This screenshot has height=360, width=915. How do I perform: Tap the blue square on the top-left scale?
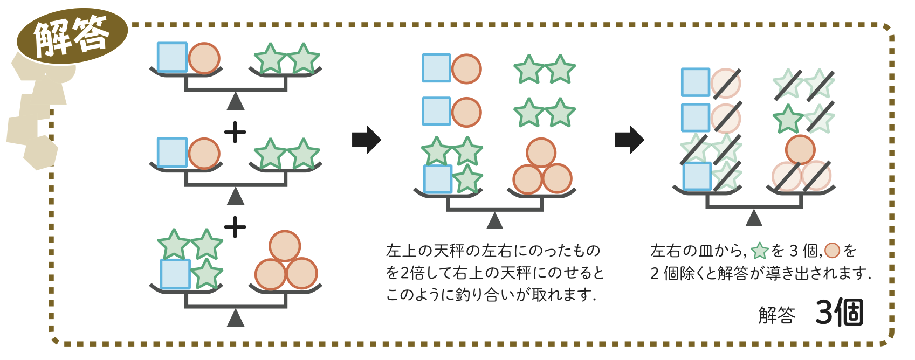(x=172, y=57)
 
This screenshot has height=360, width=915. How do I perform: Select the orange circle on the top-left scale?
(x=204, y=58)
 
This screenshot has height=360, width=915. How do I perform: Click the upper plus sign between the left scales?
(x=235, y=132)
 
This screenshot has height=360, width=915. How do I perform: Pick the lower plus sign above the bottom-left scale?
(x=235, y=227)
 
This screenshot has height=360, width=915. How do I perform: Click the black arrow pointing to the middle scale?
(x=367, y=140)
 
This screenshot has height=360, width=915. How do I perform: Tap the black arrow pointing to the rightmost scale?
(x=629, y=140)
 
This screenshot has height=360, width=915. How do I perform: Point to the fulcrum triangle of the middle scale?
(x=494, y=221)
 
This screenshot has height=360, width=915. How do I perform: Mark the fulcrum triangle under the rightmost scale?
(x=754, y=218)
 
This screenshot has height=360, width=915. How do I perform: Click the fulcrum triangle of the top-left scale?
(x=236, y=102)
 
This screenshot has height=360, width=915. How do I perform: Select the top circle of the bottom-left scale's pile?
(x=285, y=246)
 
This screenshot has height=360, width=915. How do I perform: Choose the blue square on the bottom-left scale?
(x=175, y=274)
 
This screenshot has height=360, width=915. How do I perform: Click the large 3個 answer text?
(x=840, y=313)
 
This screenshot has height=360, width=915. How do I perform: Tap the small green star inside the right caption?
(x=760, y=251)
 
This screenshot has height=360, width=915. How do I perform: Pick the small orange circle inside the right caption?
(x=833, y=251)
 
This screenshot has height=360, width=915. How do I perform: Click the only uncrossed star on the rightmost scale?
(x=788, y=120)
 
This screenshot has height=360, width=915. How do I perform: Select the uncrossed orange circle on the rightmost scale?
(x=800, y=149)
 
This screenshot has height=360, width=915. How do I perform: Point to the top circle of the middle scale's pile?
(x=541, y=153)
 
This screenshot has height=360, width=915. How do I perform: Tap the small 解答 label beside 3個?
(x=777, y=315)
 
